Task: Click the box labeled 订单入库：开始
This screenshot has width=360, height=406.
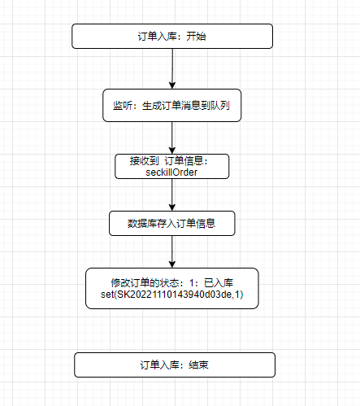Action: (x=172, y=37)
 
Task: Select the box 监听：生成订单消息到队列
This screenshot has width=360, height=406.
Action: (x=172, y=105)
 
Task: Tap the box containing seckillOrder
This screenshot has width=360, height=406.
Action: (x=172, y=166)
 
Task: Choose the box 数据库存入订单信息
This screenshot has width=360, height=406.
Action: (x=172, y=223)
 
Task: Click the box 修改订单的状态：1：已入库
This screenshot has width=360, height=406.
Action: (x=172, y=288)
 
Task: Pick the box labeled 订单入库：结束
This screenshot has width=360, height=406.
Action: (x=175, y=365)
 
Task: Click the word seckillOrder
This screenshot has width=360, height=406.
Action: (x=171, y=172)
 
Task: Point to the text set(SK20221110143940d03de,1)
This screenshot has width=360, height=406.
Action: (x=172, y=295)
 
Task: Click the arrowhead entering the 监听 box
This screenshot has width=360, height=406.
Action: (x=172, y=85)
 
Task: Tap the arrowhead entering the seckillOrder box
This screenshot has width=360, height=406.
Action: (x=172, y=151)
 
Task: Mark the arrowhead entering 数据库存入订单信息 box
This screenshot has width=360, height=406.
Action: (x=172, y=207)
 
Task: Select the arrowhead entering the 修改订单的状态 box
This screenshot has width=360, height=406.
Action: (x=172, y=264)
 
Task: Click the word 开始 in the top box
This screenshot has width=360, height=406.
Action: (x=196, y=37)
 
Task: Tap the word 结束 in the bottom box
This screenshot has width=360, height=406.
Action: (x=198, y=365)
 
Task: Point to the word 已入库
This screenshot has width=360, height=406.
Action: (x=219, y=283)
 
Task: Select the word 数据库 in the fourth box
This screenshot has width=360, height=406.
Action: (x=142, y=224)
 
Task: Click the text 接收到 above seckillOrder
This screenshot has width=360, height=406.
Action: (x=144, y=161)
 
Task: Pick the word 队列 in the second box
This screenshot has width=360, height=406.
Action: (x=220, y=106)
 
